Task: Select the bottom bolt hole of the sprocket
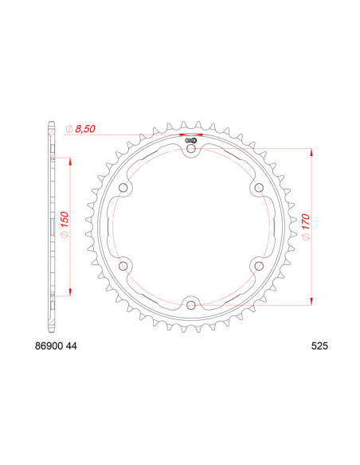click(191, 303)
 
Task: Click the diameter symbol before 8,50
click(70, 128)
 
